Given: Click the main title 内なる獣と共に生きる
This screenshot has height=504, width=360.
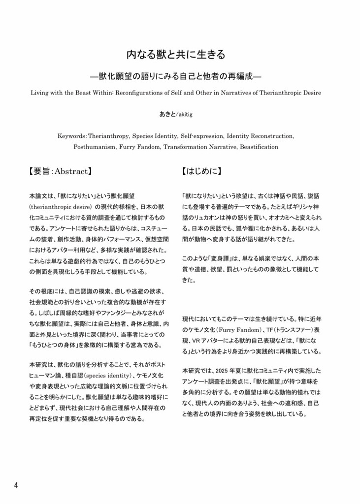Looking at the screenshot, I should pos(179,54).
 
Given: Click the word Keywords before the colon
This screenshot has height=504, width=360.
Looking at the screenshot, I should pos(72,135).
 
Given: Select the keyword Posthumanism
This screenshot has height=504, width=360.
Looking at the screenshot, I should pos(96,147).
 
